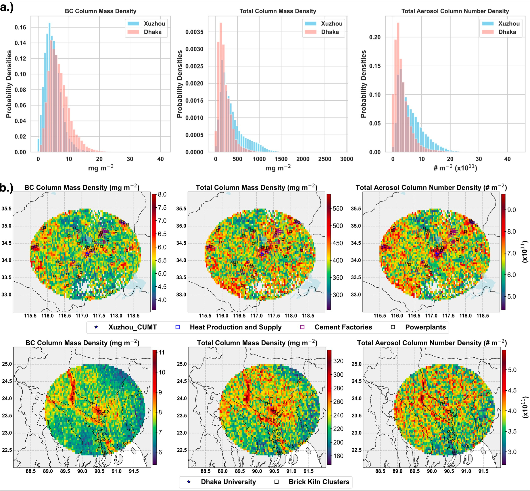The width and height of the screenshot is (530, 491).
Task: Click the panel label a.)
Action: pos(7,7)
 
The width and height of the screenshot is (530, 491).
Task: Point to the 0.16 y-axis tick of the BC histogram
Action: pos(20,27)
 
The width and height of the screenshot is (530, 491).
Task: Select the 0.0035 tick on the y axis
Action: pos(194,32)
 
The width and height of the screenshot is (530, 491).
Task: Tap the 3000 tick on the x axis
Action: pos(347,159)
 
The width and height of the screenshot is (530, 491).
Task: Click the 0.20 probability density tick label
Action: pos(375,37)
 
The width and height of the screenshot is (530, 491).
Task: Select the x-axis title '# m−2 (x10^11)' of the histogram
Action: pos(455,168)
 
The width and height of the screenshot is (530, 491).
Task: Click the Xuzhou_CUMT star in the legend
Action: pos(96,327)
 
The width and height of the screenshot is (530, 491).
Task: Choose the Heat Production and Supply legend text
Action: pos(236,327)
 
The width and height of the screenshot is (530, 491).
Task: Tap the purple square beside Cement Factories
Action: pos(302,327)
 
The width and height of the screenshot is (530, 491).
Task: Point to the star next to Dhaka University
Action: pos(189,482)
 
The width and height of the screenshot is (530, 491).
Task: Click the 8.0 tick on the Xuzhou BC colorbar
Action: pos(162,195)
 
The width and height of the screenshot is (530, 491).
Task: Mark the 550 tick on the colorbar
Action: pos(338,208)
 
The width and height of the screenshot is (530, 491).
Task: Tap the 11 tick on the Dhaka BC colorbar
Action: pos(161,352)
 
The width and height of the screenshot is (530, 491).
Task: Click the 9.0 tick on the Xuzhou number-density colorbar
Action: pos(511,210)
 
